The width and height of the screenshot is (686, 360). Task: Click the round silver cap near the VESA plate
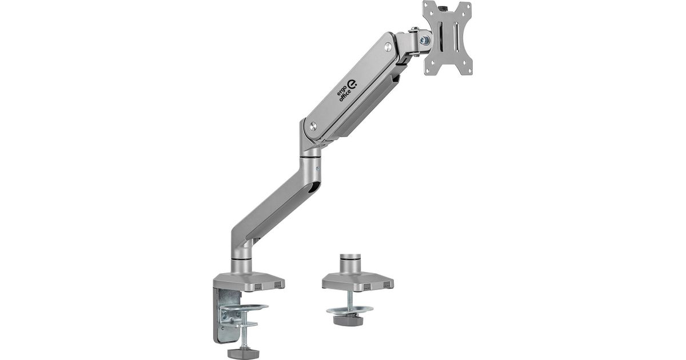coord(388,47)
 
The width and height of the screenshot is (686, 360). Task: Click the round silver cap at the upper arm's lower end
coord(313,126)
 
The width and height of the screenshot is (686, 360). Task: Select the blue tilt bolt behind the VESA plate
coord(424,39)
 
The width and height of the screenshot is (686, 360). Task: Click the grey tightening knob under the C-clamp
coord(243,353)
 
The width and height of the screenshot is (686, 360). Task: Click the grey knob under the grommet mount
coord(348,321)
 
